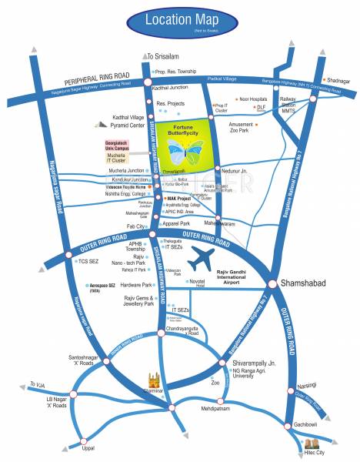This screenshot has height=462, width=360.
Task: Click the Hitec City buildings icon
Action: pos(314,445)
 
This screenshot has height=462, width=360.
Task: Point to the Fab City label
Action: pos(137,226)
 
